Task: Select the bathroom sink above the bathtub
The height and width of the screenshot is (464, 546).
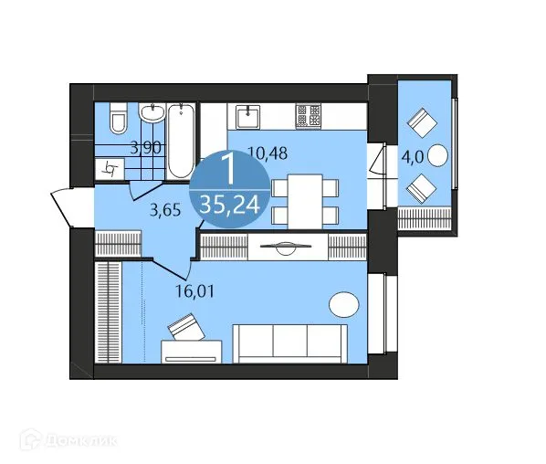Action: pyautogui.click(x=152, y=114)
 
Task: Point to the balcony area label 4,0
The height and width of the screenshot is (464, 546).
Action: pyautogui.click(x=413, y=156)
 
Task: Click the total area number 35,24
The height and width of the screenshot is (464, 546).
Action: pyautogui.click(x=229, y=205)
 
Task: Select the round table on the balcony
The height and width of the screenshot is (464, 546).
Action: pyautogui.click(x=438, y=155)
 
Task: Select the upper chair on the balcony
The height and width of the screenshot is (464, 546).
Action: pyautogui.click(x=423, y=121)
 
